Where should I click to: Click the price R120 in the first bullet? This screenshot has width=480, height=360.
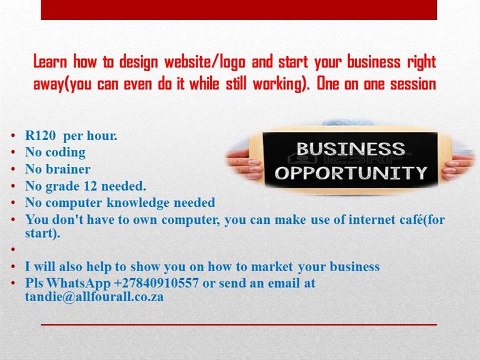[41, 135]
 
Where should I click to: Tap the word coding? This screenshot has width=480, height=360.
[66, 152]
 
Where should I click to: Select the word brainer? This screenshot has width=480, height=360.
[68, 169]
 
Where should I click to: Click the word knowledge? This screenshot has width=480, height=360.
[137, 203]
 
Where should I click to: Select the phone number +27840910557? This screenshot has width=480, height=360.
[156, 283]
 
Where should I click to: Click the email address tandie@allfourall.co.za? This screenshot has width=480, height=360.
[94, 297]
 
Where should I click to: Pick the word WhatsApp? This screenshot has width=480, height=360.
[78, 284]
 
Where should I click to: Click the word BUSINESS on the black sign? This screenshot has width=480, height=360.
[351, 149]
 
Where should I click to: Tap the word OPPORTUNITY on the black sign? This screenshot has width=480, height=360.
[351, 173]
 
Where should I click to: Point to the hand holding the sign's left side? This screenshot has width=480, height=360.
[244, 164]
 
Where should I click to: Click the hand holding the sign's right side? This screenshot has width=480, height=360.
[457, 167]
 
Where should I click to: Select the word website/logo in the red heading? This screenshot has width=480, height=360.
[205, 62]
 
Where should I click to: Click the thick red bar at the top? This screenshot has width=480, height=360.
[239, 10]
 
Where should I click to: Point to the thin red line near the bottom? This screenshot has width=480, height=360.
[239, 324]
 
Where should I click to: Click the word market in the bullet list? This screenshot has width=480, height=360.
[272, 267]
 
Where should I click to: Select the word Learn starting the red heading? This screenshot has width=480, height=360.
[50, 61]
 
